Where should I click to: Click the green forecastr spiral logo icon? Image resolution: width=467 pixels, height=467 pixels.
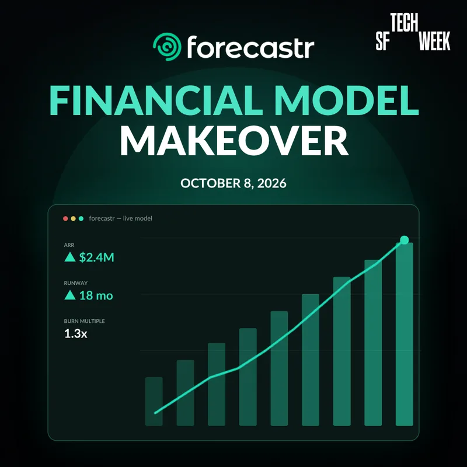[x=167, y=47]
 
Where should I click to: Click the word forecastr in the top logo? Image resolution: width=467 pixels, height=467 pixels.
[x=250, y=47]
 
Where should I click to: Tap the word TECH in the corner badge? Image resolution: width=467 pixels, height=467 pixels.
[x=404, y=22]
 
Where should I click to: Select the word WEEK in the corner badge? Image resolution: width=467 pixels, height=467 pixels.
[x=434, y=40]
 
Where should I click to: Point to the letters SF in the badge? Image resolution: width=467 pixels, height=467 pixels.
[x=383, y=41]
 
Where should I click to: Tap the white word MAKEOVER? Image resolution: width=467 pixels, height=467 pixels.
[x=234, y=141]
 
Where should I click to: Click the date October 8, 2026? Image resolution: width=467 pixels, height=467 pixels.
[x=233, y=183]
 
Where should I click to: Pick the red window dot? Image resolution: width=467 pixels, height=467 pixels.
[x=65, y=218]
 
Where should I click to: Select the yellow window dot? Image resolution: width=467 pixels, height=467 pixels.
[x=74, y=218]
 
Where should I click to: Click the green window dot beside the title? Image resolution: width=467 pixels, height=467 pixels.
[x=81, y=218]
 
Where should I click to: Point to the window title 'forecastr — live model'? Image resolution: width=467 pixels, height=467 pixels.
[x=121, y=218]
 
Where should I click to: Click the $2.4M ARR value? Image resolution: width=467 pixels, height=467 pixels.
[x=96, y=257]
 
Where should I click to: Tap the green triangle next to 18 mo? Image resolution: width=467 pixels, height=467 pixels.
[x=70, y=295]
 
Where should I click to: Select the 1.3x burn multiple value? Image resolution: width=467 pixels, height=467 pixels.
[x=76, y=333]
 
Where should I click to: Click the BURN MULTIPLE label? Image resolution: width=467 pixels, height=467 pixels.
[x=84, y=321]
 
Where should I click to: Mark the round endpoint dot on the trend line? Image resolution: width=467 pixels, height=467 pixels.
[x=404, y=240]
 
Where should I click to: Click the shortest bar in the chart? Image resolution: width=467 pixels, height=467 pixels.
[x=154, y=402]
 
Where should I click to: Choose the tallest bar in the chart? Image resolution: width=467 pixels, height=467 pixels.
[x=404, y=334]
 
